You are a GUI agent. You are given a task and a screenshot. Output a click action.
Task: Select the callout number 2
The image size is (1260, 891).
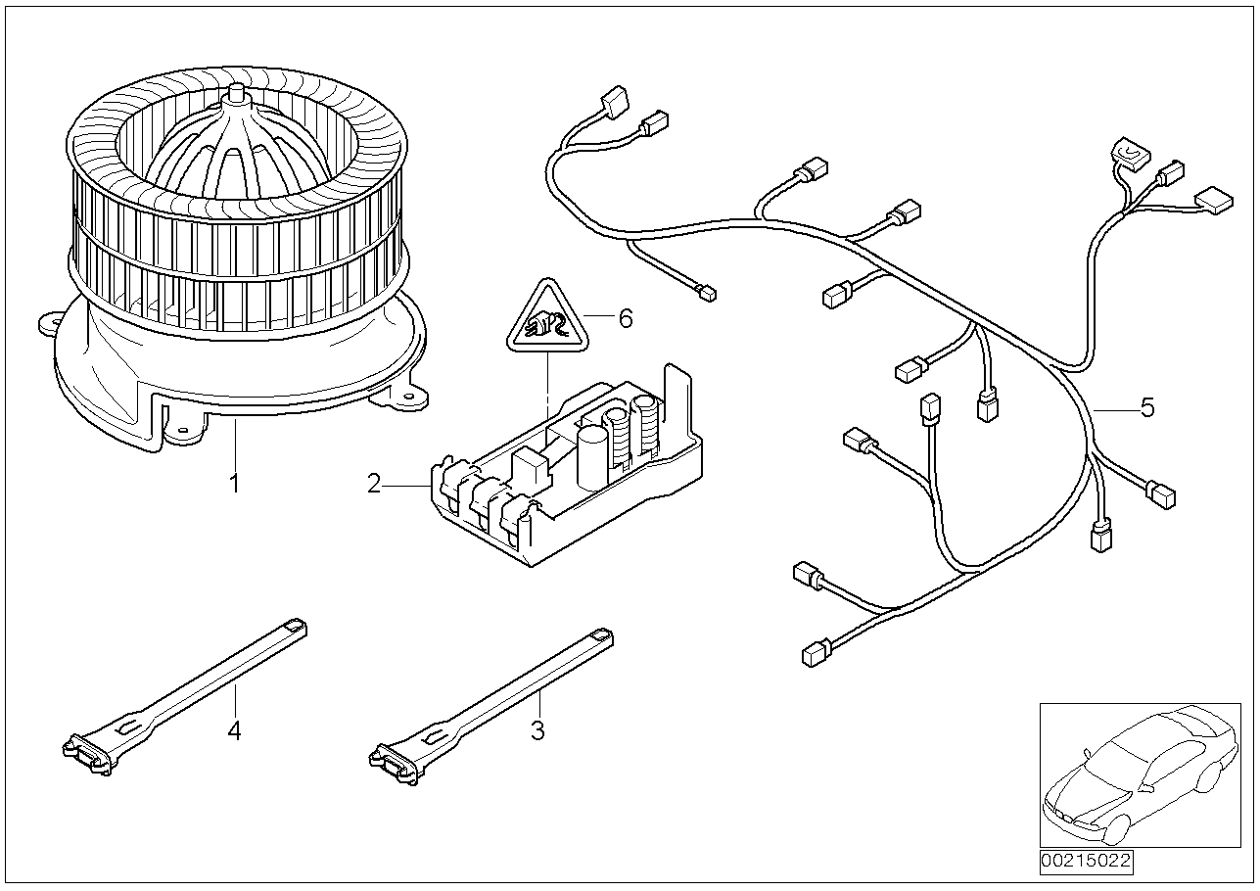(374, 483)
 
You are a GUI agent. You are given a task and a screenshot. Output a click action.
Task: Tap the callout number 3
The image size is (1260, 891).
(537, 729)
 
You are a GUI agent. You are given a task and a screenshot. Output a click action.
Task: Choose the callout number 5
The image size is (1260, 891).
(1146, 407)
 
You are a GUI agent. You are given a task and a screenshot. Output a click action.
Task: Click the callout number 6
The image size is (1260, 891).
(626, 317)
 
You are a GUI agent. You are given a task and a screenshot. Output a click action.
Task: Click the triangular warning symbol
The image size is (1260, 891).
(546, 318)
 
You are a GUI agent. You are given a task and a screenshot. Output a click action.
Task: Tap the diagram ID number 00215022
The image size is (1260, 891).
(1086, 862)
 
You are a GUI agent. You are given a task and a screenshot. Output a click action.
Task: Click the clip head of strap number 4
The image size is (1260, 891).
(86, 755)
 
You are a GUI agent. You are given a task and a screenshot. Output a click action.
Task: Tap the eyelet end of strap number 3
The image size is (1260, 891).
(601, 637)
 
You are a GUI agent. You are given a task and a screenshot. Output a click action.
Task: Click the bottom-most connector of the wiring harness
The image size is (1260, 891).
(816, 653)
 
